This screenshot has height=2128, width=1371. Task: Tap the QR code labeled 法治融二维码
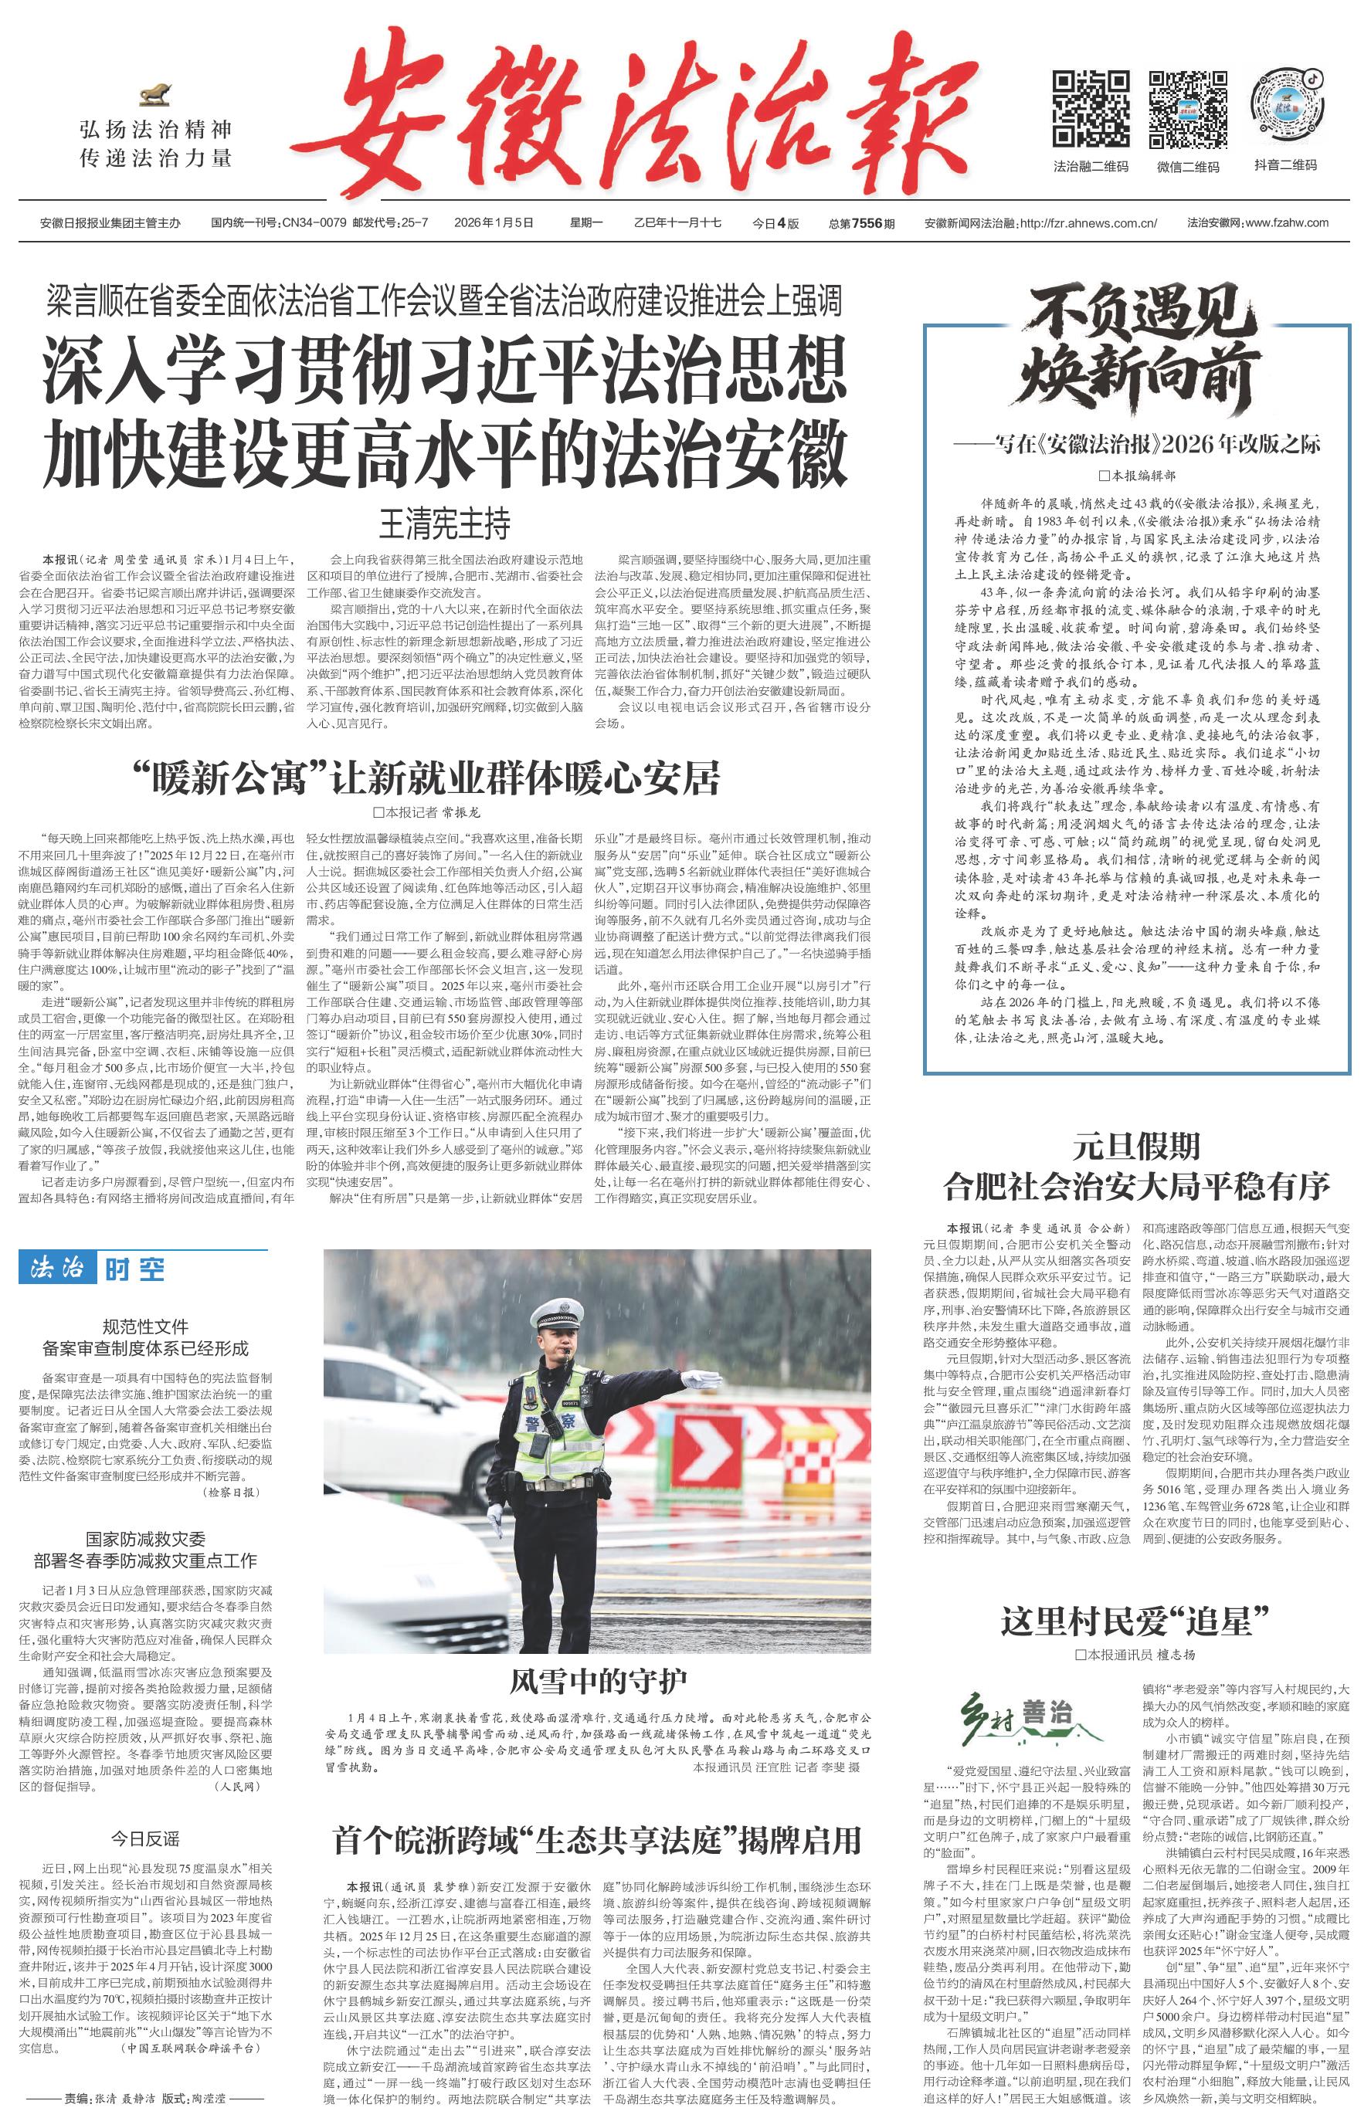[1091, 109]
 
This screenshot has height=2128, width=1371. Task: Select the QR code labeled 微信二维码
[1188, 109]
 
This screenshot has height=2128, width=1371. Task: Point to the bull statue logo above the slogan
[156, 94]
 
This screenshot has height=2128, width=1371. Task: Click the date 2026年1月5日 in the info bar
[494, 223]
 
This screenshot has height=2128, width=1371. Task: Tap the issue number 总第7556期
[861, 223]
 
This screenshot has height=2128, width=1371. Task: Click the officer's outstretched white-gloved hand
[704, 1381]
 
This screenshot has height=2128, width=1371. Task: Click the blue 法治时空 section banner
[93, 1269]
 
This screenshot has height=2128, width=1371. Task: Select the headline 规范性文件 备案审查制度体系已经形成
[145, 1337]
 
